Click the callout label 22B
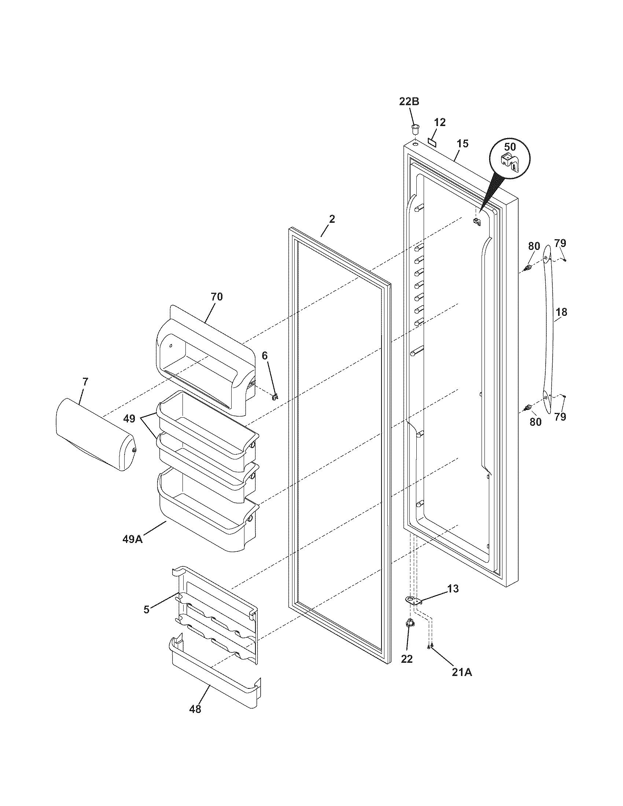click(x=409, y=101)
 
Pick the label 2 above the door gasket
click(x=332, y=219)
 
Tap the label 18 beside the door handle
click(x=561, y=312)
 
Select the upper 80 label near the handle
click(x=534, y=246)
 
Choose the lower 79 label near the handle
click(x=560, y=417)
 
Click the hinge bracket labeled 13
click(x=414, y=600)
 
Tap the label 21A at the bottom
click(x=462, y=672)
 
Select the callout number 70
click(x=217, y=296)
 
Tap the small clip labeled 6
click(x=274, y=397)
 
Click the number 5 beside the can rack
click(x=147, y=609)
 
